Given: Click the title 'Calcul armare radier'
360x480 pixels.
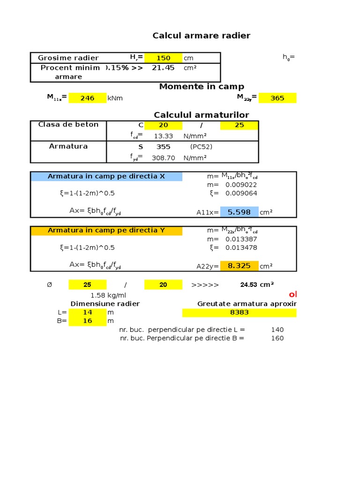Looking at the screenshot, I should (x=202, y=36).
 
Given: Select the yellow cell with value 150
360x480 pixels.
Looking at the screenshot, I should (x=163, y=58).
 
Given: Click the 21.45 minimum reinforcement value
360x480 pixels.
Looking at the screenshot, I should (x=163, y=67).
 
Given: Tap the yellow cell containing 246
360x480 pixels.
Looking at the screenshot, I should (x=87, y=98).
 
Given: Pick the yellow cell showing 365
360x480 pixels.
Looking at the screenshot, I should (x=277, y=98).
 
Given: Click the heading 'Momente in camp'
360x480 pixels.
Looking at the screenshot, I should (x=202, y=86).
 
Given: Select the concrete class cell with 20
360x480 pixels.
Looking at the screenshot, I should (x=163, y=125).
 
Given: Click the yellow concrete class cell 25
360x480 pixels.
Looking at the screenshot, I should (x=239, y=125).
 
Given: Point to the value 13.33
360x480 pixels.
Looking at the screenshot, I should (x=163, y=136).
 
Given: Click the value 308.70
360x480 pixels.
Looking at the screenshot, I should (x=163, y=158).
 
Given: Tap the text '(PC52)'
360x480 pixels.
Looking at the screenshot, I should (x=201, y=147).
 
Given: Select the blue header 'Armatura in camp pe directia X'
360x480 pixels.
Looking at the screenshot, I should (x=106, y=176).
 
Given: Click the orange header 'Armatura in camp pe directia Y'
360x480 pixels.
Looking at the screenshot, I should (x=106, y=230).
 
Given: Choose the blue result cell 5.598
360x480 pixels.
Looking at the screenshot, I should (x=239, y=212).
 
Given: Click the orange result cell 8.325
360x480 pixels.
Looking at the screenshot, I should (x=239, y=266).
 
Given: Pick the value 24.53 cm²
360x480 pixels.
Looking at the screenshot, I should (x=257, y=285).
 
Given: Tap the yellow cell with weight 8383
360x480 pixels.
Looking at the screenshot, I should (x=239, y=312).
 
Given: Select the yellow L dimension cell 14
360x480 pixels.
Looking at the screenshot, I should (x=87, y=312).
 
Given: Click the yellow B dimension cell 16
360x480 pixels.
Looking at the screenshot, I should (x=87, y=321).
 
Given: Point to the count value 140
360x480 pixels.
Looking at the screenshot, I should (x=277, y=330).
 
